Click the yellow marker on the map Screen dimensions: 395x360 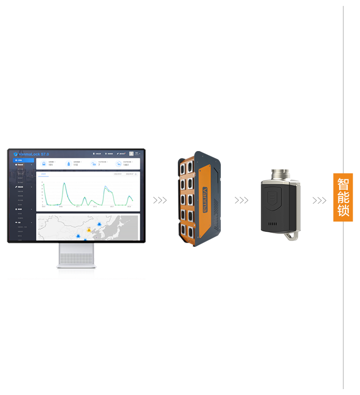point(88,229)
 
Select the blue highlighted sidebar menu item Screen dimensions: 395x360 point(23,160)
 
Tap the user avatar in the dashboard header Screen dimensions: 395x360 point(131,154)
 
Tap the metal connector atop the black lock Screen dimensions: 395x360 point(280,175)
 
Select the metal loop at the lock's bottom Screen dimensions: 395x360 point(292,236)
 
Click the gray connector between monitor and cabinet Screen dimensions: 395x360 point(160,200)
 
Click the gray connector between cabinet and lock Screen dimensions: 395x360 point(241,200)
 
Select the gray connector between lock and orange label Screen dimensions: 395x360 point(319,200)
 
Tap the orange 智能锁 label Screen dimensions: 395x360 point(343,197)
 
